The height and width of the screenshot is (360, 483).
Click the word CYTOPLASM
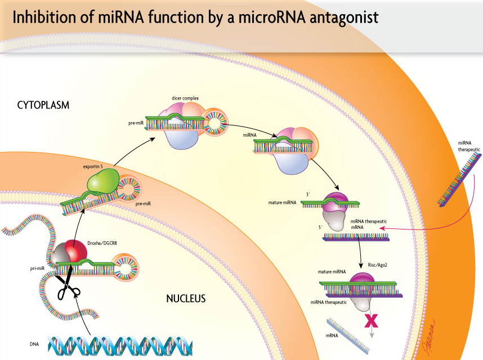point(43,105)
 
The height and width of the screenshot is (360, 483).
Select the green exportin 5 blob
point(103,181)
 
